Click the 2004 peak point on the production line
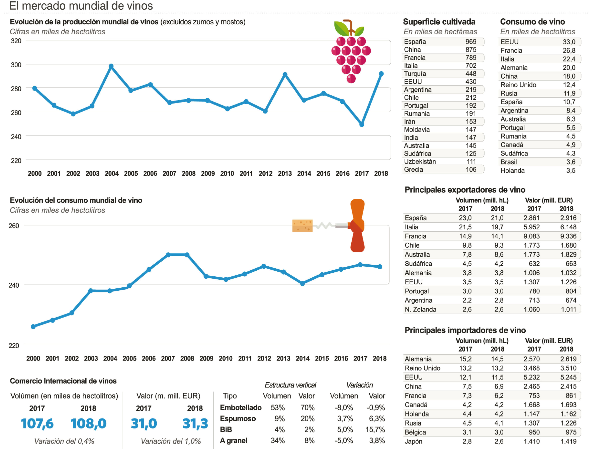pos(111,66)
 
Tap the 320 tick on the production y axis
pos(16,41)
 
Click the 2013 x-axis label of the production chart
pos(285,174)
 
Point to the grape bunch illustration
pos(351,52)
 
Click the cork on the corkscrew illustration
pos(302,226)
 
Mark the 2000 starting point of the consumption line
pos(33,327)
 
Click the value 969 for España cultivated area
pos(471,42)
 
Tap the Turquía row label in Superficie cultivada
pos(415,74)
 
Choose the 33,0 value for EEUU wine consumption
pos(569,42)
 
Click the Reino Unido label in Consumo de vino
pos(518,85)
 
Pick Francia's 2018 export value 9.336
pos(568,236)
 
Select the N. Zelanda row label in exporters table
pos(420,310)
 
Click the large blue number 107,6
pos(37,424)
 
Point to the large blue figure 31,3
pos(195,424)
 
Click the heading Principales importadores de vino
pos(465,330)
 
